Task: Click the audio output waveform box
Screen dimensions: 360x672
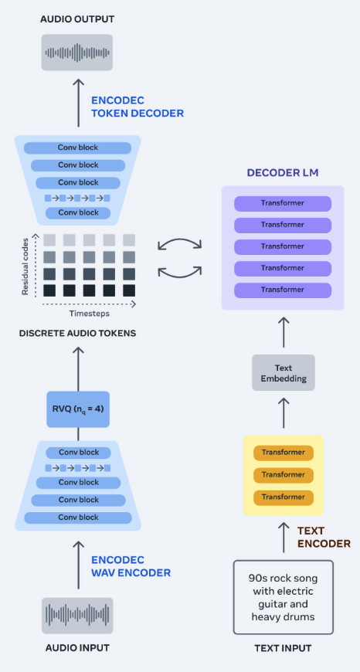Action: (77, 53)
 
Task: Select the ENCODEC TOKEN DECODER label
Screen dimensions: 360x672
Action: (138, 107)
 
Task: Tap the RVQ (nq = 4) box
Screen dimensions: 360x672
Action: (78, 409)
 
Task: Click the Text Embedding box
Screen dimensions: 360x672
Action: (284, 373)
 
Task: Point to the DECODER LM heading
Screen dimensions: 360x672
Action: (283, 173)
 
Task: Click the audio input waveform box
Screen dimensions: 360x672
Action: (77, 616)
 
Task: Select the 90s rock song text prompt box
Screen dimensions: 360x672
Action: (284, 597)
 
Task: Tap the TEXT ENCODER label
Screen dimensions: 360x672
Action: (324, 537)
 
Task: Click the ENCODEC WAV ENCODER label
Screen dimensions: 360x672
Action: (131, 565)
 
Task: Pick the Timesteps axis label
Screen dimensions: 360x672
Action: (90, 314)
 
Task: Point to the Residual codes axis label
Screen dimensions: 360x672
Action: (25, 266)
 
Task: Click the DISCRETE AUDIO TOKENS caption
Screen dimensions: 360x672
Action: (77, 333)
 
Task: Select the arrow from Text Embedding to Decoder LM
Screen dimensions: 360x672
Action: (284, 332)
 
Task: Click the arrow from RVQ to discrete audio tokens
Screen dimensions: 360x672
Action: (78, 368)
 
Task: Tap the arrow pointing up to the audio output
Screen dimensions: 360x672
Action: (78, 103)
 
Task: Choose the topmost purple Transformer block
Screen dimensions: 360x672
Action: (283, 203)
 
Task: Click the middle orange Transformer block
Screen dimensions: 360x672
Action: (284, 475)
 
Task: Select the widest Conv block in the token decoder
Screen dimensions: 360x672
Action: (77, 148)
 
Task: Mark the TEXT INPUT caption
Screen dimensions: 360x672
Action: (283, 647)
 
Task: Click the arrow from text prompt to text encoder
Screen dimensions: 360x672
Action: (284, 538)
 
